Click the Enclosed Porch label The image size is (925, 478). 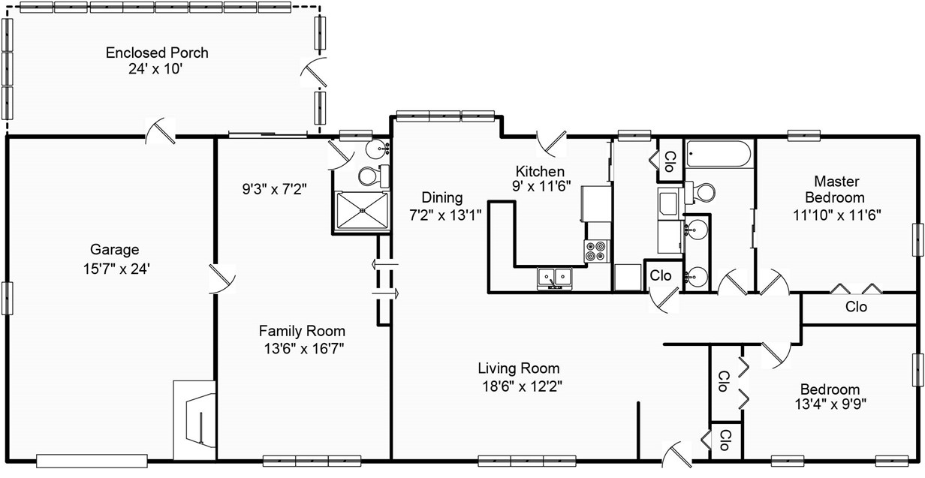click(157, 53)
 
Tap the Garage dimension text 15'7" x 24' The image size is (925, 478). click(116, 269)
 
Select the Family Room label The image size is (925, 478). click(302, 331)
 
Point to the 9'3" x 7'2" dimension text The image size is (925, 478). click(274, 189)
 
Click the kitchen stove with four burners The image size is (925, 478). click(597, 251)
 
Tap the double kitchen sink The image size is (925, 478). click(555, 277)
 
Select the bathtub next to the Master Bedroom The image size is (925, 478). click(719, 154)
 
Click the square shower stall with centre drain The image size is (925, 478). click(362, 210)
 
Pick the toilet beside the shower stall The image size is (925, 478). click(373, 176)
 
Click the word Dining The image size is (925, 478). click(441, 197)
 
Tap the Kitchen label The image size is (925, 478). click(540, 171)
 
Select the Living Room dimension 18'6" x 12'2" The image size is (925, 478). click(523, 386)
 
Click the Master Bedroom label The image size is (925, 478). click(836, 189)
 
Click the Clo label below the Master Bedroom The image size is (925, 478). click(856, 307)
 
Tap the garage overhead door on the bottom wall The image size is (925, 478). click(92, 461)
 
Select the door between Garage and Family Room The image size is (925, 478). click(222, 278)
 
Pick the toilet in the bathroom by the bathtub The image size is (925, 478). click(700, 192)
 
